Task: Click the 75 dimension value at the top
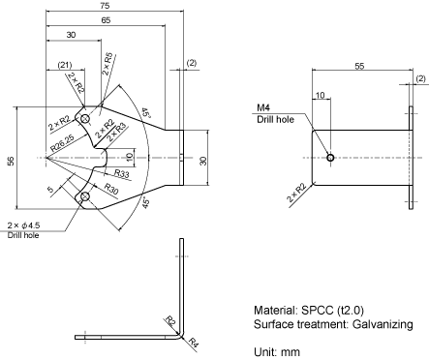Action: tap(105, 6)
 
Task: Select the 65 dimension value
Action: tap(106, 20)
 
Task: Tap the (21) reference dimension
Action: tap(65, 65)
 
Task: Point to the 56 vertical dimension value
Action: tap(11, 161)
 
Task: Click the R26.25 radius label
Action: tap(63, 143)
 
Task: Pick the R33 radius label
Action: tap(122, 173)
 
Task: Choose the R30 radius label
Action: tap(111, 189)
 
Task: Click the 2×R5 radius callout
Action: tap(107, 64)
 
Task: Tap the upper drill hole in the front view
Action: tap(85, 119)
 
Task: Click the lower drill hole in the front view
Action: tap(85, 196)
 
